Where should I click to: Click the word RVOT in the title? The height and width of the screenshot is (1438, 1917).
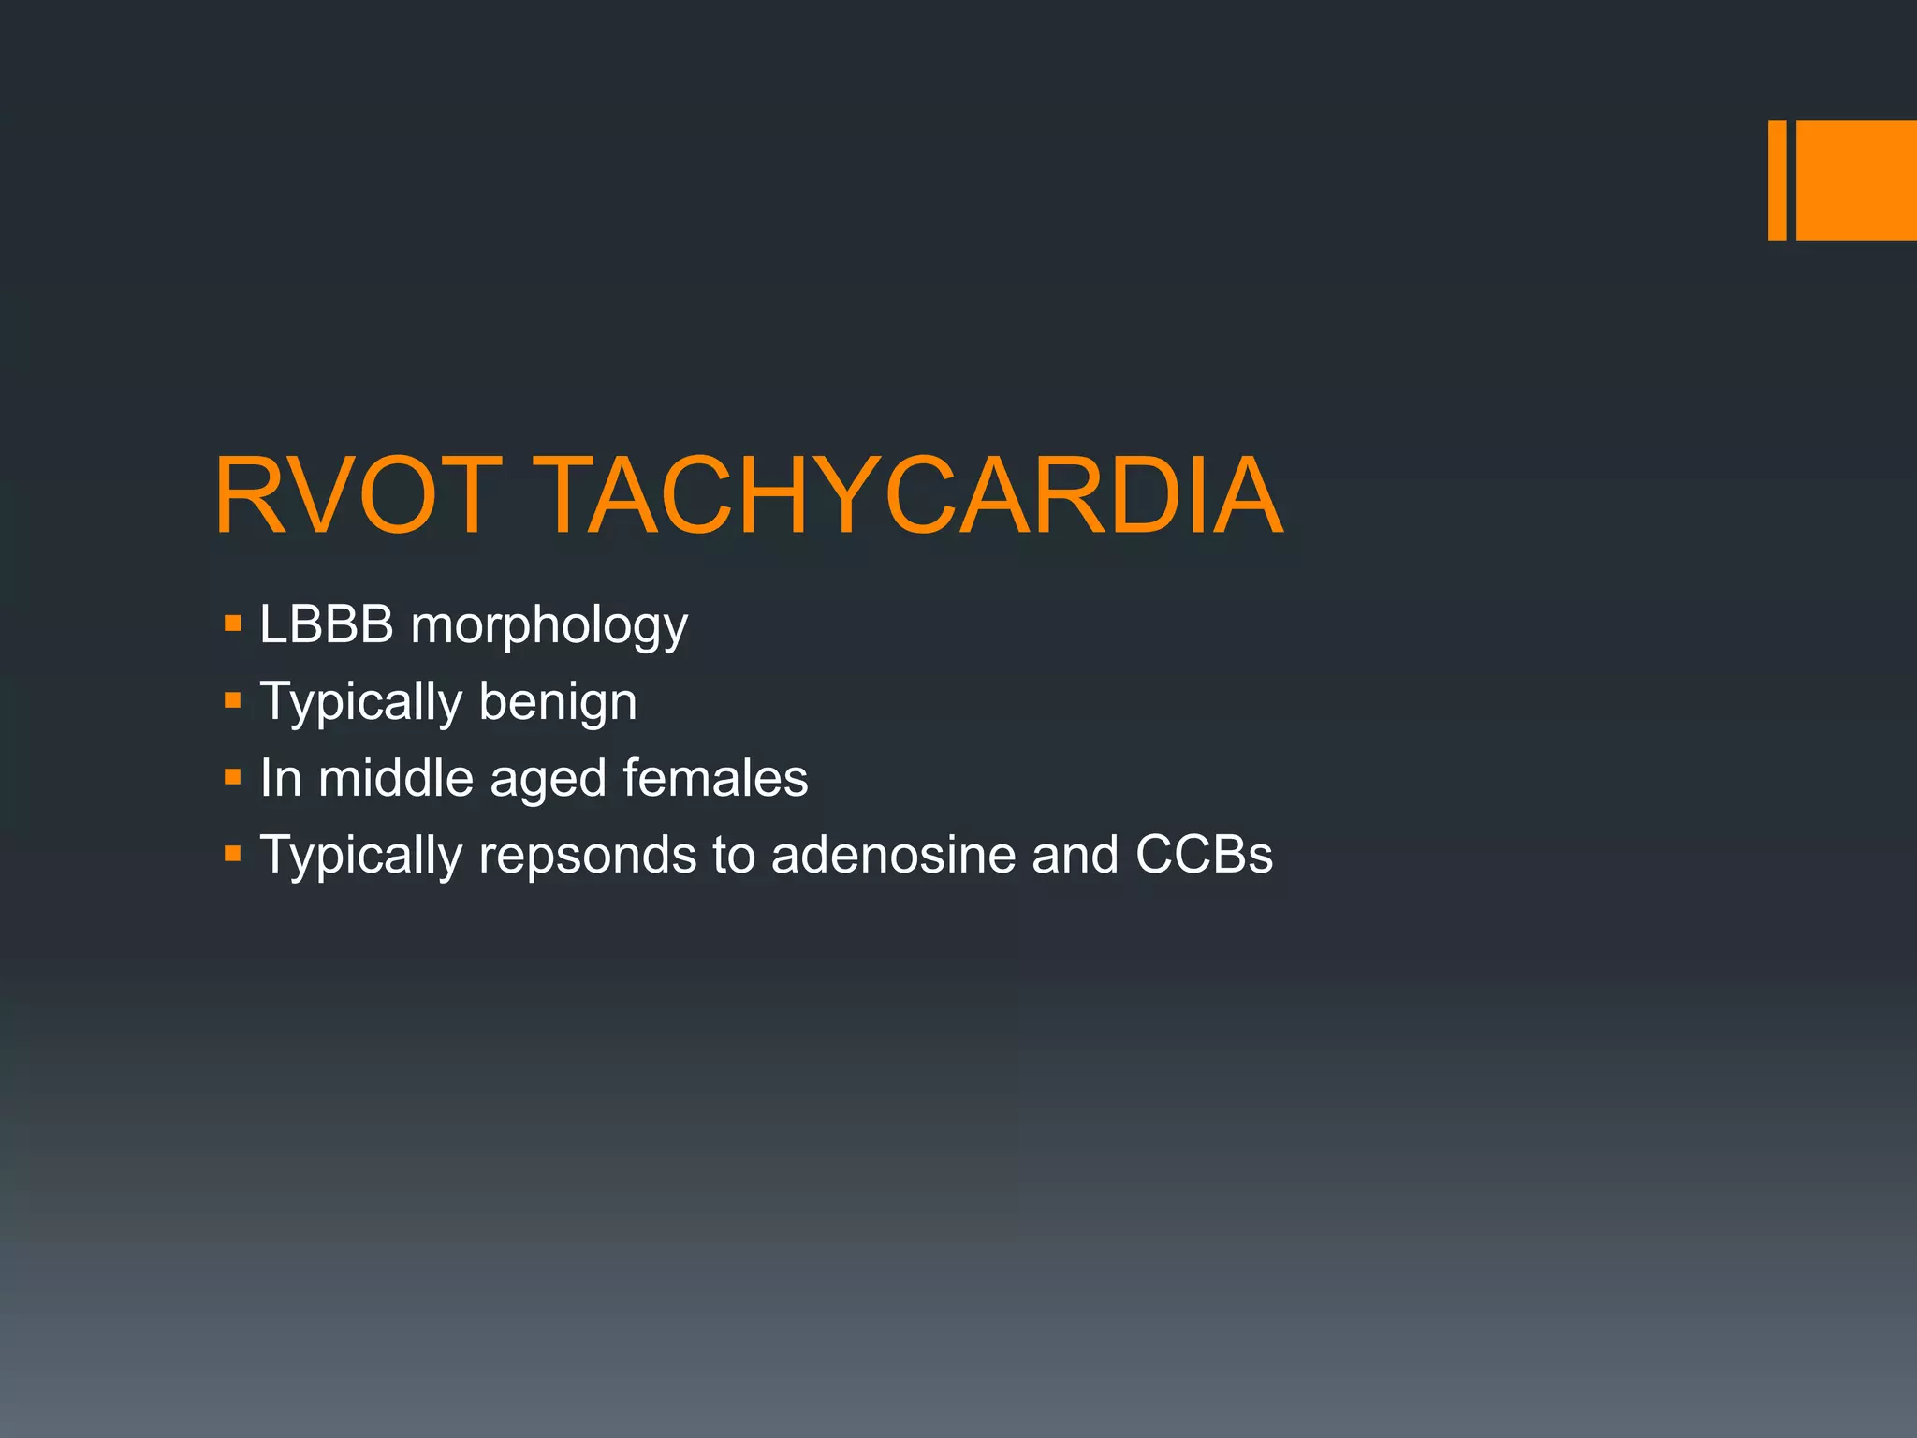point(358,495)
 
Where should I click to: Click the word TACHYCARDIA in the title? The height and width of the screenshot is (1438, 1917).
point(912,495)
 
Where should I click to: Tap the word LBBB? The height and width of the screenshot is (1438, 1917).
point(326,624)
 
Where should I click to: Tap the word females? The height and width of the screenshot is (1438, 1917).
point(715,778)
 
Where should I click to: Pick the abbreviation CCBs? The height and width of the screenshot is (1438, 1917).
point(1204,855)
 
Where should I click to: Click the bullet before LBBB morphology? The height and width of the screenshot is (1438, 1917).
point(233,624)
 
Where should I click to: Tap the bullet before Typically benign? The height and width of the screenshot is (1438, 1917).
point(233,700)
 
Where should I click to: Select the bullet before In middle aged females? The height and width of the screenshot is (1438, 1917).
point(233,777)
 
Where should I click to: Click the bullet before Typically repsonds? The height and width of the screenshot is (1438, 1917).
point(233,854)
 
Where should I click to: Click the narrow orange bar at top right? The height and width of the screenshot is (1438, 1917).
point(1777,180)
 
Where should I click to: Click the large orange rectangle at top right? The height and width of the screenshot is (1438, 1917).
point(1856,180)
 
